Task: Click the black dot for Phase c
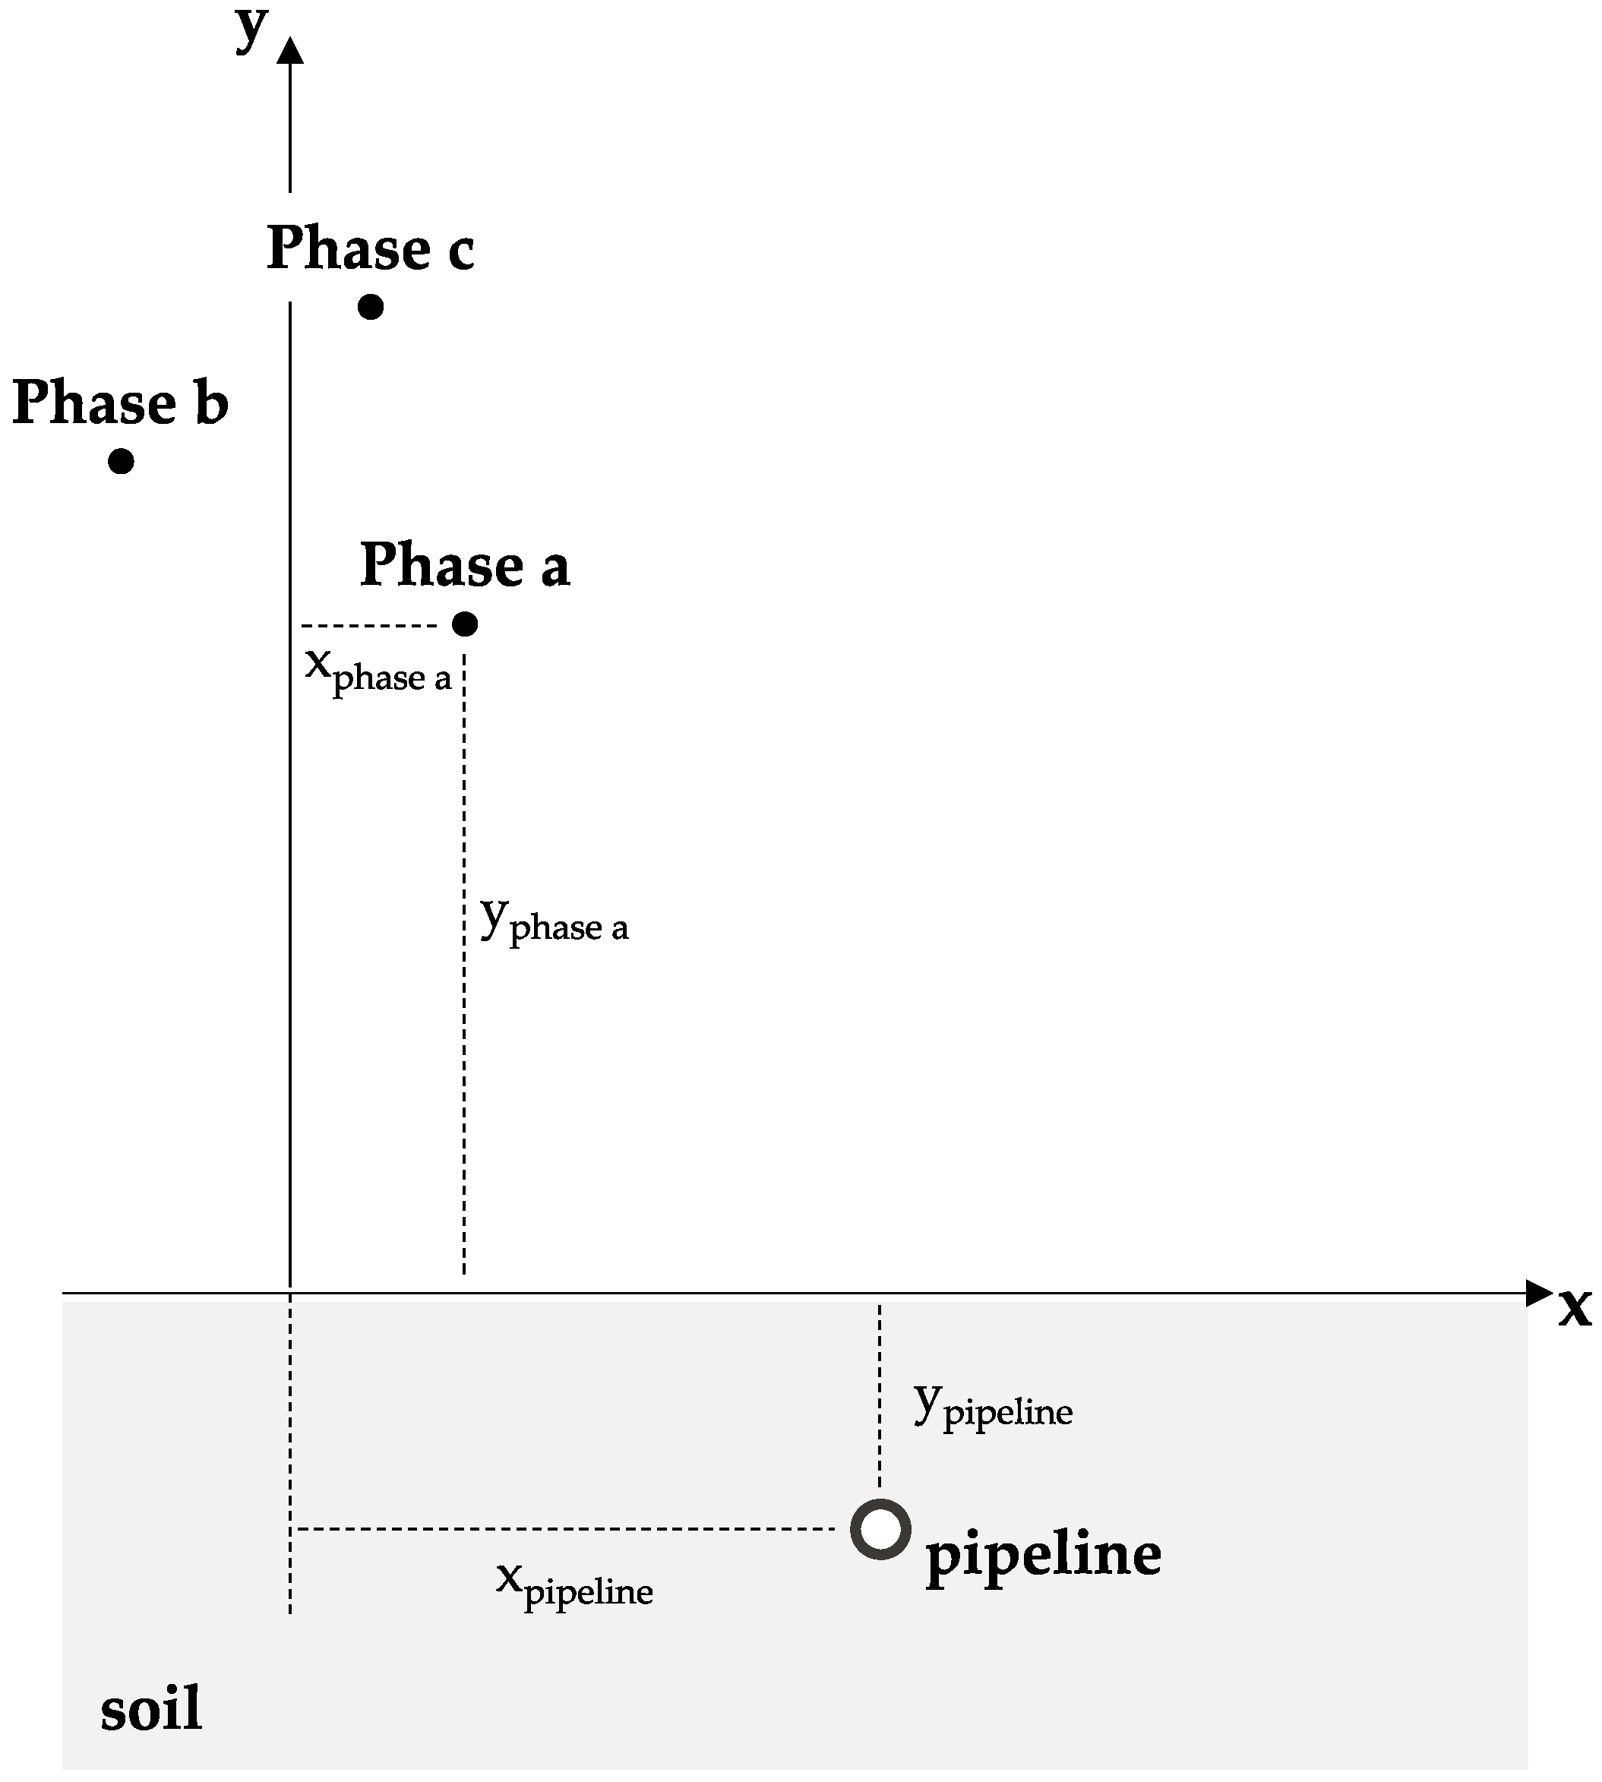371,307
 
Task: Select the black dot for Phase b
121,461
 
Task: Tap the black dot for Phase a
465,624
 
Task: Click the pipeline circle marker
880,1530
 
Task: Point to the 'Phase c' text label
371,248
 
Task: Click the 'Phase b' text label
121,403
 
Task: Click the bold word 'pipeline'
1043,1556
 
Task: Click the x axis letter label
1575,1308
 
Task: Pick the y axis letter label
251,28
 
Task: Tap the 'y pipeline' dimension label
993,1406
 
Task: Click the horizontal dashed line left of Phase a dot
370,626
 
